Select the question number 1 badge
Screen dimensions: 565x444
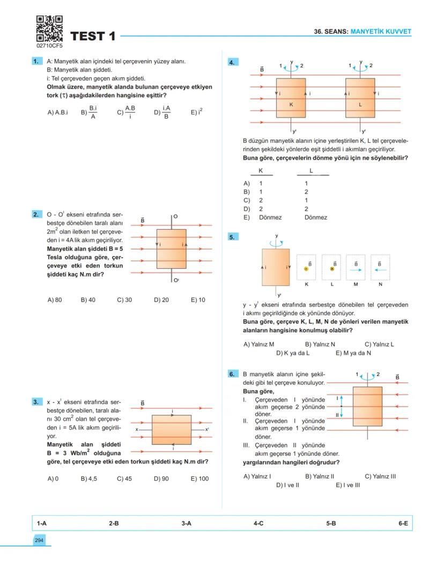(x=37, y=62)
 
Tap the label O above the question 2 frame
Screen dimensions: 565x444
(x=175, y=216)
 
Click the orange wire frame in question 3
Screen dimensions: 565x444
(x=172, y=430)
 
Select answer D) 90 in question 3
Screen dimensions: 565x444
(x=161, y=479)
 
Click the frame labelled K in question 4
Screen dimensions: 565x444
(x=291, y=98)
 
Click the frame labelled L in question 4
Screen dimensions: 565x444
(x=360, y=98)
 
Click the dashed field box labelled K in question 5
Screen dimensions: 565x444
(x=306, y=267)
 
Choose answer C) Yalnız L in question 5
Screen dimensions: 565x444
(x=379, y=344)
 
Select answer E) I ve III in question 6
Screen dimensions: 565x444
(x=347, y=485)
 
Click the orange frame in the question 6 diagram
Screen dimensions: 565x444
(x=367, y=406)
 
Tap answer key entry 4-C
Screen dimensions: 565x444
(x=258, y=523)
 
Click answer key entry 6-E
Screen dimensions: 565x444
(x=403, y=523)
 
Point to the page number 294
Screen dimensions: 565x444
(x=39, y=540)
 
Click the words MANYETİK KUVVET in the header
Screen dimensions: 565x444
(x=380, y=32)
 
